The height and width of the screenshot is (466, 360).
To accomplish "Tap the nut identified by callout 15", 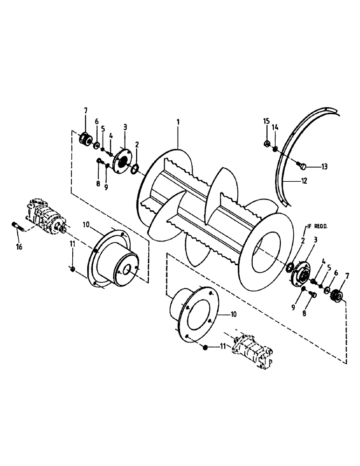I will pyautogui.click(x=265, y=144).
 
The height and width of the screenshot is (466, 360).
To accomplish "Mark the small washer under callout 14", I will pyautogui.click(x=276, y=149).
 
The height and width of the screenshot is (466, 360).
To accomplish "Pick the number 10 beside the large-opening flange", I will pyautogui.click(x=234, y=315).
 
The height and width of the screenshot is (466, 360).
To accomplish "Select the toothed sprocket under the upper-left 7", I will pyautogui.click(x=86, y=139).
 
